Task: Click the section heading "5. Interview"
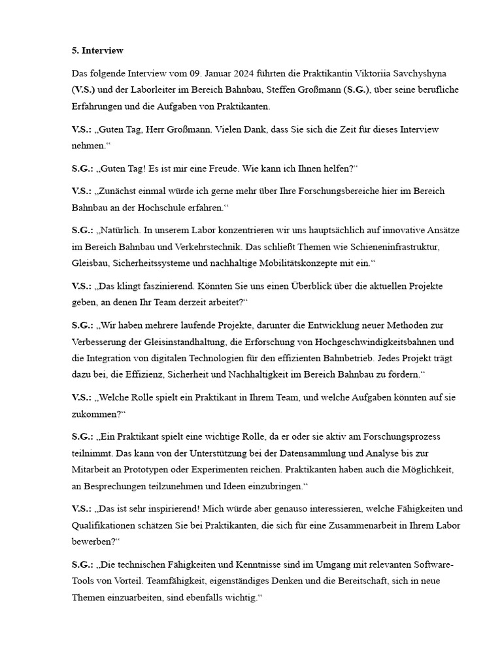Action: pyautogui.click(x=97, y=50)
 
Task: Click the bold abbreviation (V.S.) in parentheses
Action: pyautogui.click(x=83, y=90)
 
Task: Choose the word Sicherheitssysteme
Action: pyautogui.click(x=152, y=263)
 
